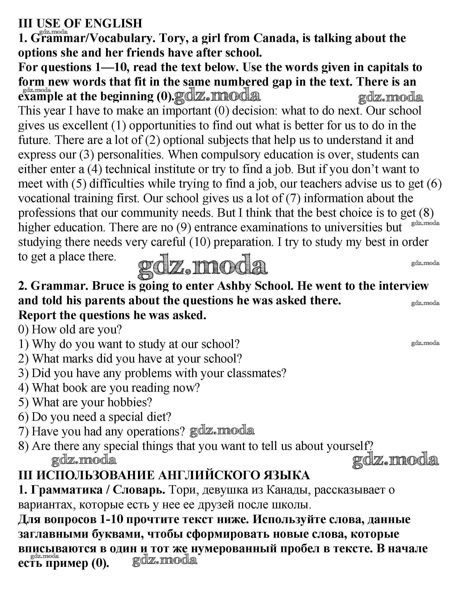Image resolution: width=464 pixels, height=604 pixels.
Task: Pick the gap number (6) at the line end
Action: point(434,184)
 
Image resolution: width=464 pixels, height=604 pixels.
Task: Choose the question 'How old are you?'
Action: point(77,329)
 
